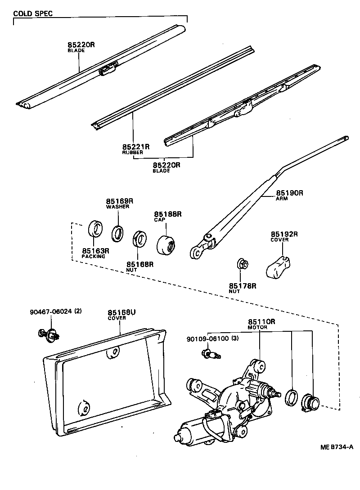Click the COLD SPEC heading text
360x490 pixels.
[x=33, y=13]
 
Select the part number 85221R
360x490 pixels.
[x=135, y=147]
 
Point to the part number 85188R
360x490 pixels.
[x=168, y=214]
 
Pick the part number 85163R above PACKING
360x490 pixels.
[x=95, y=250]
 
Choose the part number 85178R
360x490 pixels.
[x=242, y=285]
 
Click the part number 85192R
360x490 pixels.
[x=284, y=234]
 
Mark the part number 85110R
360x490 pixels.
[x=261, y=322]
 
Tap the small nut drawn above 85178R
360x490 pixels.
[x=242, y=264]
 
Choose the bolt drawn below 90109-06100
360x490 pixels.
[x=212, y=355]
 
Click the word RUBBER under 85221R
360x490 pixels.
[x=132, y=153]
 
